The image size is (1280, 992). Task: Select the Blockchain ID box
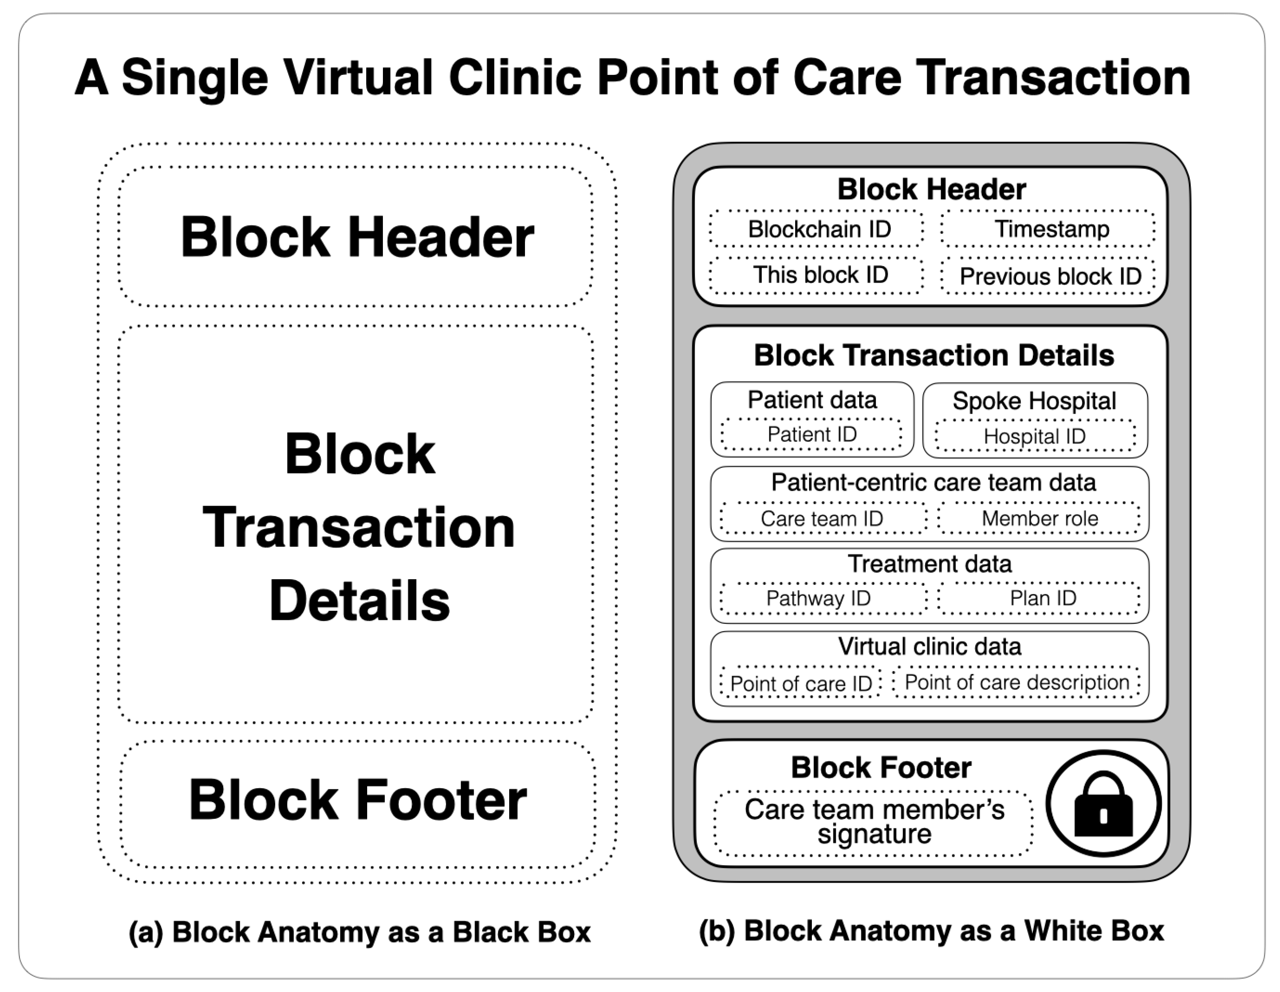point(817,229)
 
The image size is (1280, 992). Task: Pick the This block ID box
point(817,275)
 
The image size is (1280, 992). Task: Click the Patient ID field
point(812,435)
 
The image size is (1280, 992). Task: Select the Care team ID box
point(822,518)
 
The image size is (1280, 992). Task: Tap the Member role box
point(1040,518)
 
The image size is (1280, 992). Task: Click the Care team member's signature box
point(874,822)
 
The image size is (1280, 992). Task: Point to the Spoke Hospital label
point(1035,401)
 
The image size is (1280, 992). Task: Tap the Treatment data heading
point(930,564)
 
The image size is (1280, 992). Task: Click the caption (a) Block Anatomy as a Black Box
point(359,932)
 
